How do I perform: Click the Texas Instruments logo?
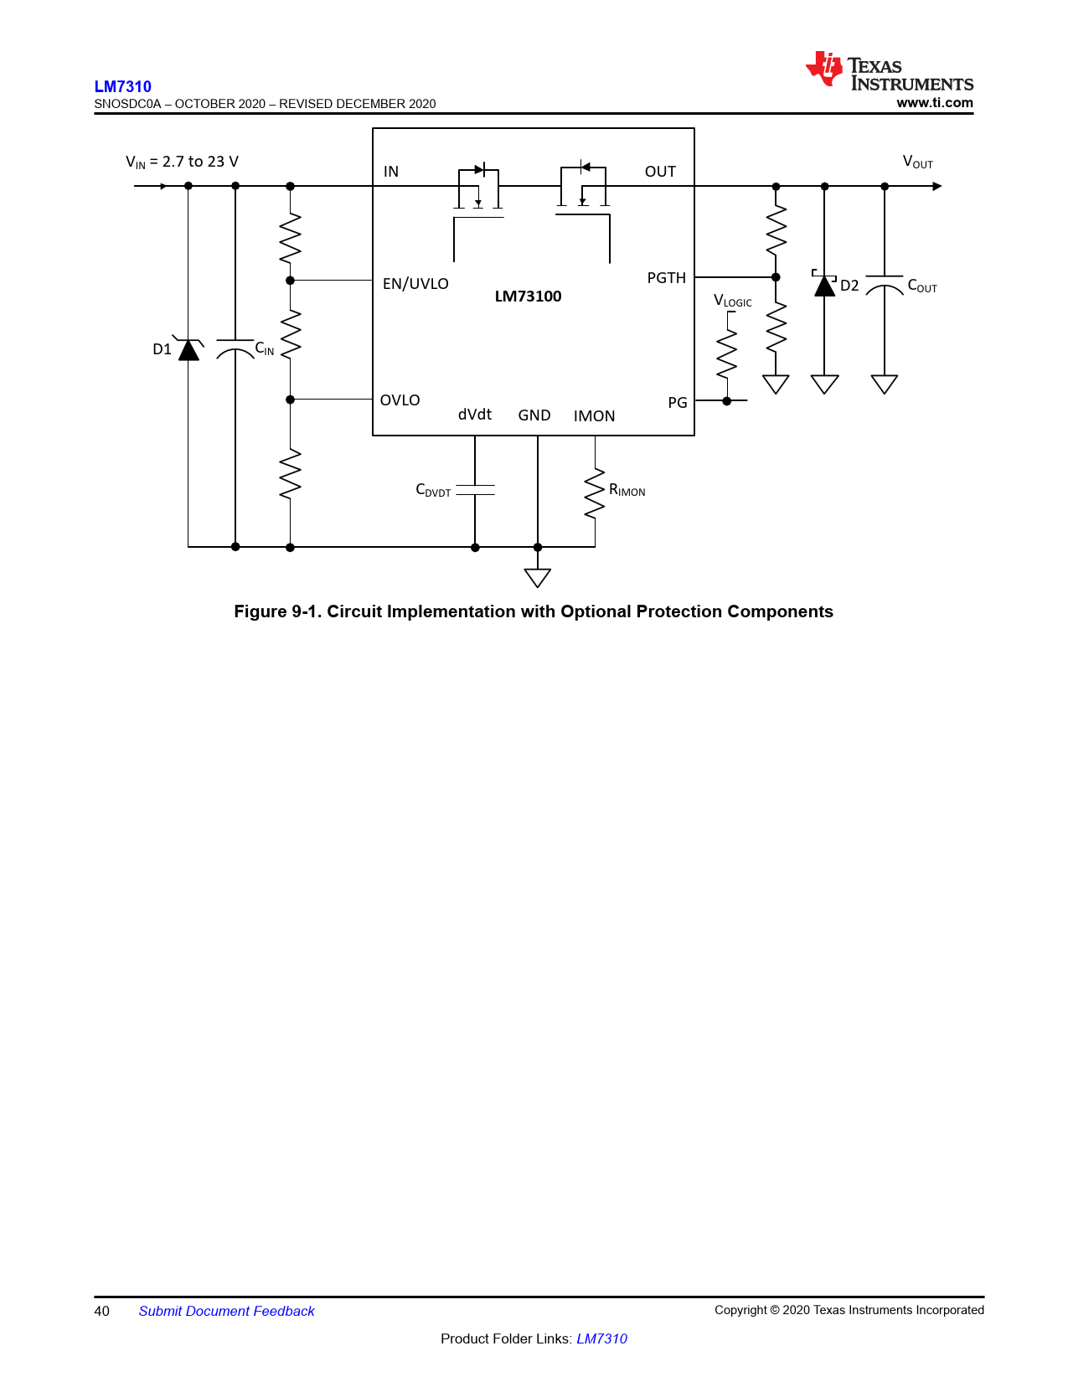(x=889, y=70)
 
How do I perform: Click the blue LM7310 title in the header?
(x=123, y=86)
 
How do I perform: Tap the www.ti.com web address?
(x=935, y=102)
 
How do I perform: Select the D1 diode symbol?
(x=188, y=348)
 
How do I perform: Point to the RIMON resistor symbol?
(x=595, y=493)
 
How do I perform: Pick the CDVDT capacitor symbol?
(x=475, y=490)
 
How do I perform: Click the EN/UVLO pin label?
(x=415, y=284)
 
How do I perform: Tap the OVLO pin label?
(x=400, y=400)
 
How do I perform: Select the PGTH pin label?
(x=666, y=278)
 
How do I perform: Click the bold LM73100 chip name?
(x=528, y=297)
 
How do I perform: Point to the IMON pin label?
(x=594, y=416)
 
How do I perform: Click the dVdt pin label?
(x=474, y=415)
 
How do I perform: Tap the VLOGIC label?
(x=732, y=301)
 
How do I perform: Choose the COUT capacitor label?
(x=921, y=286)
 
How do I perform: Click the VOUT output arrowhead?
(x=937, y=186)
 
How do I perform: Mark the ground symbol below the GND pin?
(x=538, y=577)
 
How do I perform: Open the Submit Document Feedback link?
(x=226, y=1311)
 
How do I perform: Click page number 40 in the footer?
(x=102, y=1311)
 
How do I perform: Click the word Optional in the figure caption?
(x=596, y=611)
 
